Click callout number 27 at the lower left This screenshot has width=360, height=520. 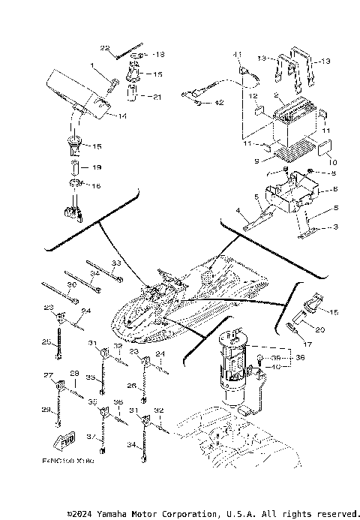[x=49, y=375]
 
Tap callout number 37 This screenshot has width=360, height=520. [x=91, y=437]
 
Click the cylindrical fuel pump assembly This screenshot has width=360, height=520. [x=237, y=368]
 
